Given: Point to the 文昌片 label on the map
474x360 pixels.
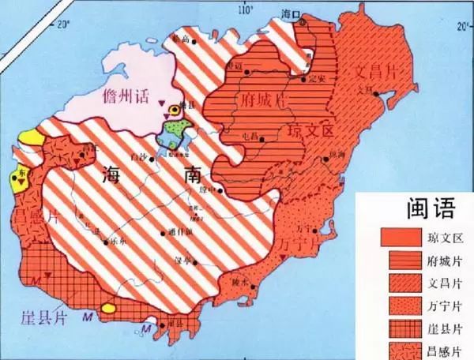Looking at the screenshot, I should pos(373,70).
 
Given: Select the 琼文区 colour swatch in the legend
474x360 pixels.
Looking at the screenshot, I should pos(400,236).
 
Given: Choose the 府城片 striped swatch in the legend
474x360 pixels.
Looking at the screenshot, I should pos(400,258).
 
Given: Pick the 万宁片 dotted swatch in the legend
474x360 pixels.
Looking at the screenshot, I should pos(400,304).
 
